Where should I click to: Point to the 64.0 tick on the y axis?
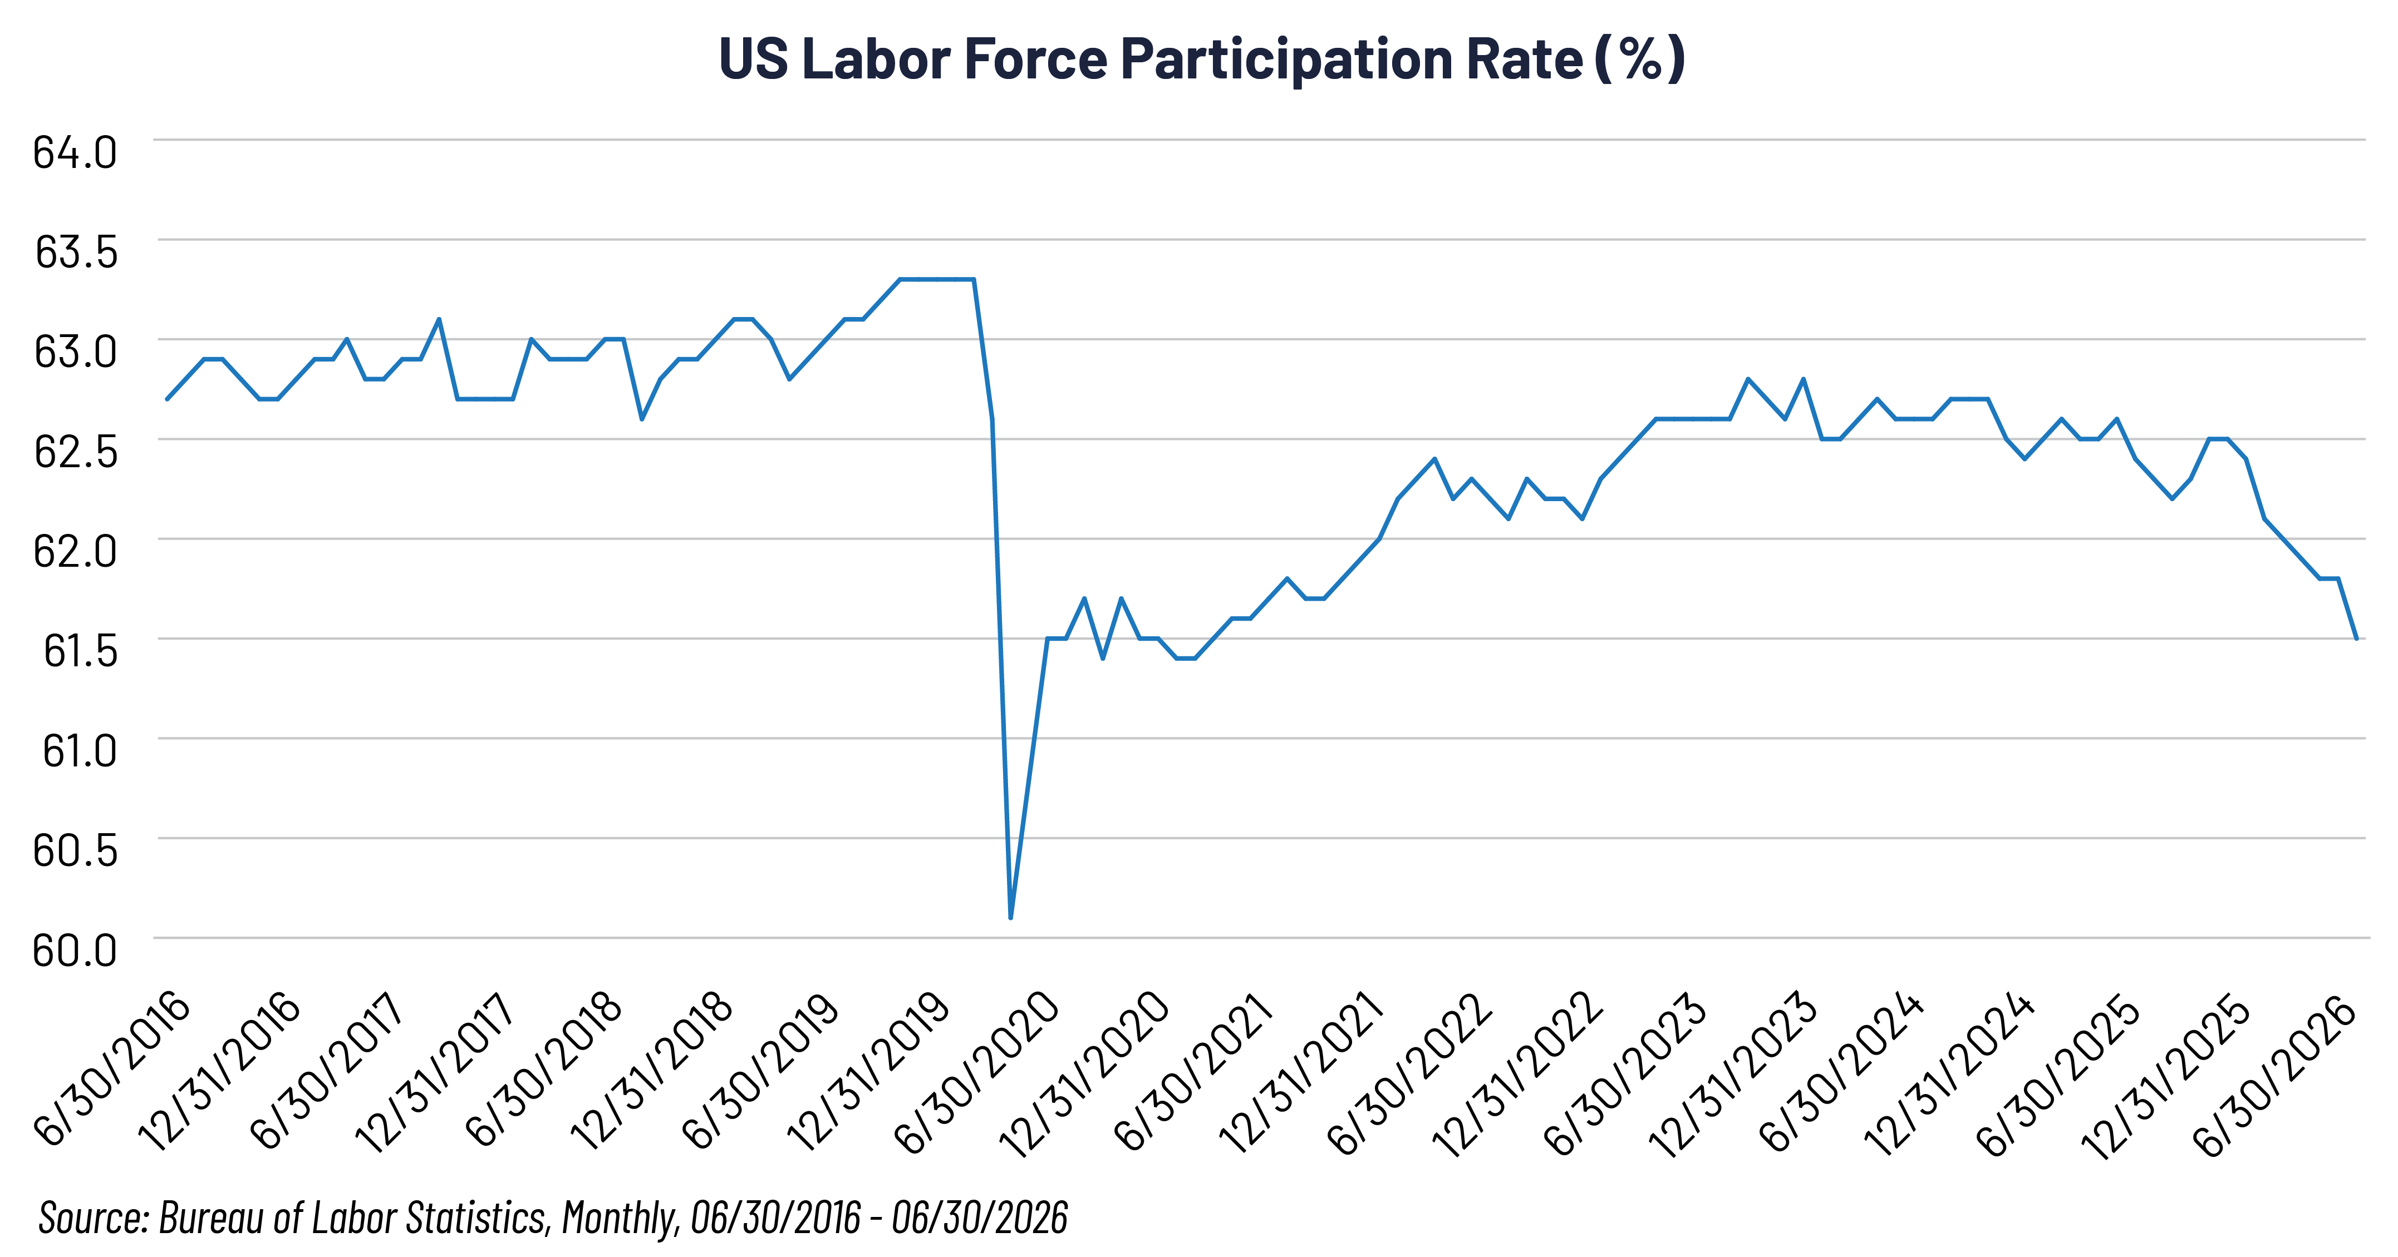(x=75, y=152)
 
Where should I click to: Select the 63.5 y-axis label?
(x=76, y=252)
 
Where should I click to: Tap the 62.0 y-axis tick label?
(x=75, y=551)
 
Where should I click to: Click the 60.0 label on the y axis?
(x=75, y=950)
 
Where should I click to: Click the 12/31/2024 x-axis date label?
(x=1951, y=1075)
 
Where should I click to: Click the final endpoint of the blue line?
(x=2356, y=639)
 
